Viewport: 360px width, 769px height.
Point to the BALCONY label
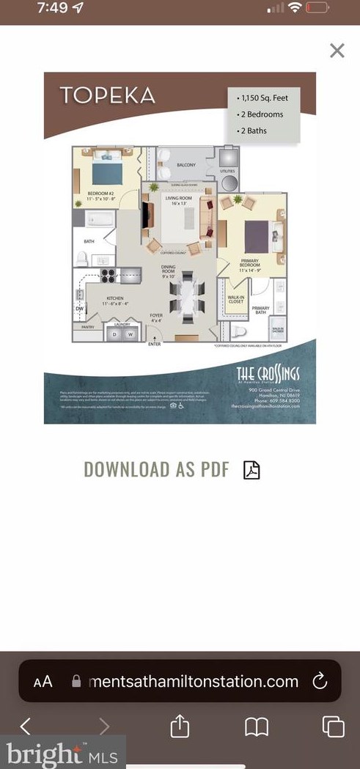pyautogui.click(x=186, y=165)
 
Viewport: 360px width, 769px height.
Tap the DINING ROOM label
pyautogui.click(x=169, y=273)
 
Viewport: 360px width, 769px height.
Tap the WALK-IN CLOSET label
pyautogui.click(x=235, y=299)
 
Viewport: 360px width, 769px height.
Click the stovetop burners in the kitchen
pyautogui.click(x=109, y=276)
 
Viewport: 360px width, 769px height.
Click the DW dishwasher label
pyautogui.click(x=79, y=309)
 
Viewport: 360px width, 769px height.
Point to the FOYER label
pyautogui.click(x=156, y=317)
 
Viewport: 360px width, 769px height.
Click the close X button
pyautogui.click(x=337, y=51)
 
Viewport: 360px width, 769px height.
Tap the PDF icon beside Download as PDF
pyautogui.click(x=251, y=469)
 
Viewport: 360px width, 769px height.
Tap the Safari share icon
pyautogui.click(x=180, y=726)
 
